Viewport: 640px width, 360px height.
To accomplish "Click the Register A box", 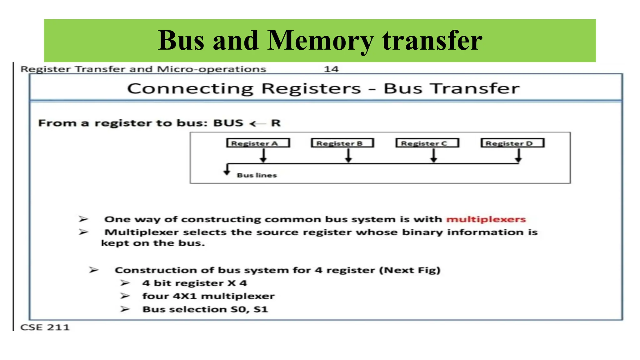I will point(258,143).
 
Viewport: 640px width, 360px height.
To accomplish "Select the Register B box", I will point(342,143).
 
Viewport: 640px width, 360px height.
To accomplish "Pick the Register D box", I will point(512,143).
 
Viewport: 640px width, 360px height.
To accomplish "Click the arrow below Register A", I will point(263,155).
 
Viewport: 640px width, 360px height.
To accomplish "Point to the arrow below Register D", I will point(518,155).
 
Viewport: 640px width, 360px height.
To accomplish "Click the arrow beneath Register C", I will point(433,155).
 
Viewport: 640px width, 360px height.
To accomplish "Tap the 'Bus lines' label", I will point(257,175).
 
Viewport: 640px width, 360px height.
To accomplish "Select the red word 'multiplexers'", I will point(486,219).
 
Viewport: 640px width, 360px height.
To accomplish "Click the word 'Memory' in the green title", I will point(320,41).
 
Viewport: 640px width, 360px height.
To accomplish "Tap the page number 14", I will point(331,69).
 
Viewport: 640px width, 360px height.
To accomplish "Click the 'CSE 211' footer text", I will point(45,327).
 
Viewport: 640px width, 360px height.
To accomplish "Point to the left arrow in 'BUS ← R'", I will point(257,124).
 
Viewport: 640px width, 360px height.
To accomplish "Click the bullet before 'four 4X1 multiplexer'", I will point(125,296).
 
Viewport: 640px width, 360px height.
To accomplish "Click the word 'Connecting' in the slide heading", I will point(190,89).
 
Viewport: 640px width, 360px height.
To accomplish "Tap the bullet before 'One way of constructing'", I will point(83,219).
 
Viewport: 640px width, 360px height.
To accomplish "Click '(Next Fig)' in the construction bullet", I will point(410,270).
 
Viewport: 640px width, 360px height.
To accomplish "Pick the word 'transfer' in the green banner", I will point(432,41).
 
